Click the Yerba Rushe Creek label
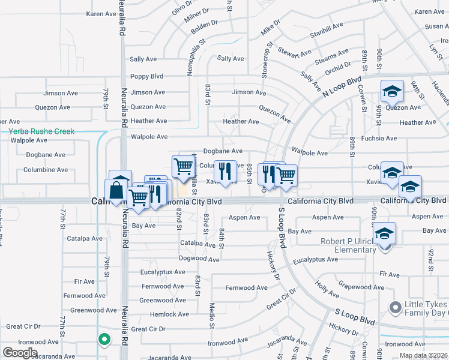tap(42, 131)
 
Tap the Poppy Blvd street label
tap(147, 77)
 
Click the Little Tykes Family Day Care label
tap(426, 308)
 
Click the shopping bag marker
tap(115, 192)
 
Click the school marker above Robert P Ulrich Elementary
tap(385, 233)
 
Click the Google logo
tap(20, 352)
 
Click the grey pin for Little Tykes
tap(394, 308)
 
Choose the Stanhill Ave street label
tap(327, 29)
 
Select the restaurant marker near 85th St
tap(225, 172)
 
